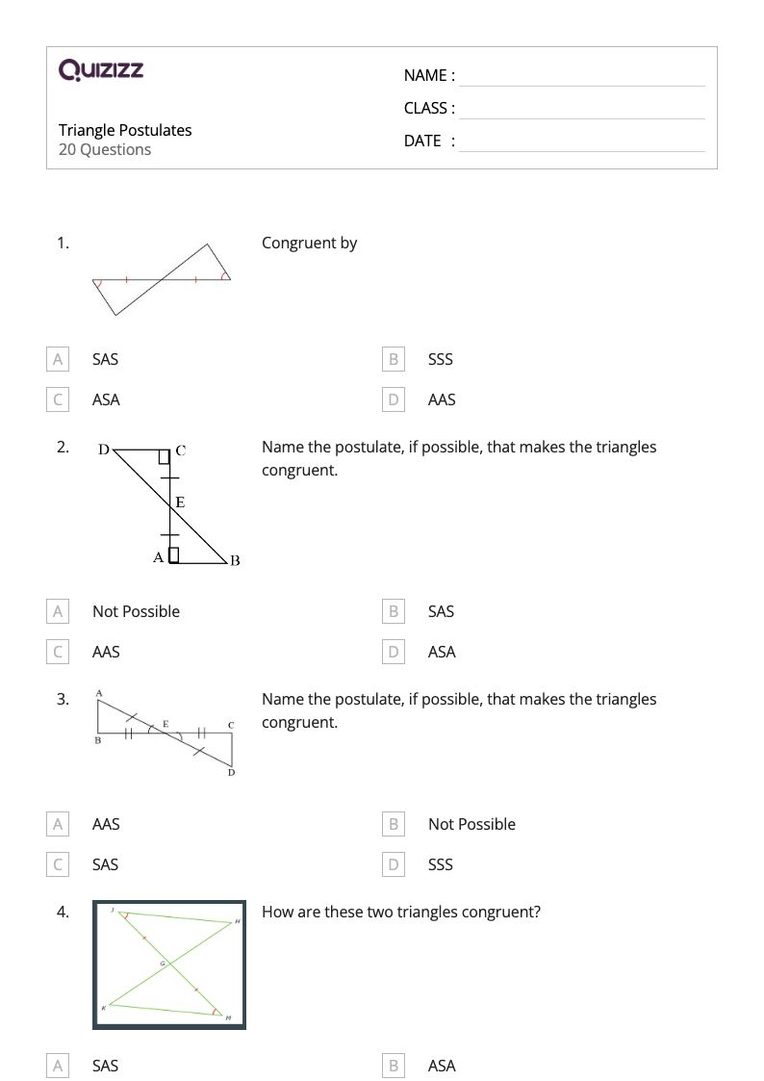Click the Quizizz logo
(101, 69)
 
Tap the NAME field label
(429, 75)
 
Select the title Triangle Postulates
(125, 130)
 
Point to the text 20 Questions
(105, 149)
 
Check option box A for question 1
(58, 359)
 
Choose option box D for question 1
(393, 399)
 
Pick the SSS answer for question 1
(440, 359)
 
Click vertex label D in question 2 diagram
(104, 449)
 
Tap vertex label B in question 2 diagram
(235, 561)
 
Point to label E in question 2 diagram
(180, 502)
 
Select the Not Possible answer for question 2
(136, 611)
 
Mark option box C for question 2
(58, 652)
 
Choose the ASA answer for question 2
(442, 652)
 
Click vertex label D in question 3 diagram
(231, 772)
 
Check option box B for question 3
(393, 824)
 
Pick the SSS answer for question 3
(440, 864)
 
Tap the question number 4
(63, 912)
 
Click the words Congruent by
(309, 243)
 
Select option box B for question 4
(393, 1066)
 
